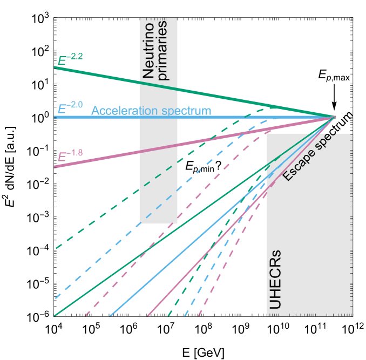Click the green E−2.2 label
pos(70,58)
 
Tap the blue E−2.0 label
pos(70,106)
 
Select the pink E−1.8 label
pos(70,155)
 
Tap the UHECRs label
pos(275,280)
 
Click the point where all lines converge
pos(335,117)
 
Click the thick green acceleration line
pos(108,77)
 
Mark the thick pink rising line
pos(108,157)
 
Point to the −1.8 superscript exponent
pos(76,153)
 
